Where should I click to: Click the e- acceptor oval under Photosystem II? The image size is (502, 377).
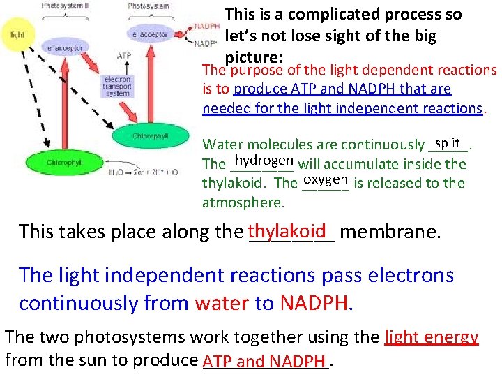[x=64, y=49]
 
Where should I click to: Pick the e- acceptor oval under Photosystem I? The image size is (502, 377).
[x=149, y=34]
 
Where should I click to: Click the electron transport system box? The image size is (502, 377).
[x=117, y=87]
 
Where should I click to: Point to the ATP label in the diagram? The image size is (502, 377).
[x=124, y=54]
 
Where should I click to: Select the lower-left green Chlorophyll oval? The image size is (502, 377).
[x=64, y=162]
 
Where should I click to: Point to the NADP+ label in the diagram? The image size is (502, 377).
[x=206, y=43]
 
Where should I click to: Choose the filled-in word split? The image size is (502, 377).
[x=447, y=142]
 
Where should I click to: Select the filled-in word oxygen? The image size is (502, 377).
[x=326, y=179]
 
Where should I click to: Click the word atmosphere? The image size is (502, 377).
[x=243, y=202]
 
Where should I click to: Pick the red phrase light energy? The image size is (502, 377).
[x=432, y=337]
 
